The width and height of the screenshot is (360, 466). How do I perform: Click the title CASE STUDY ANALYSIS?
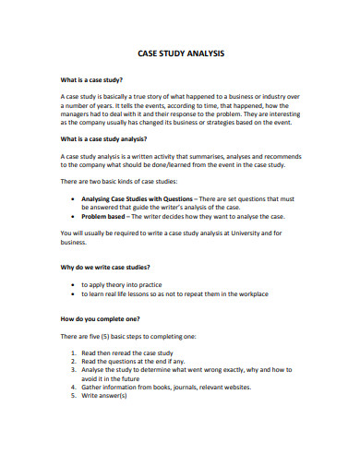point(180,54)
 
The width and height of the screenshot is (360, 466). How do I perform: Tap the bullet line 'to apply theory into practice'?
point(122,285)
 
